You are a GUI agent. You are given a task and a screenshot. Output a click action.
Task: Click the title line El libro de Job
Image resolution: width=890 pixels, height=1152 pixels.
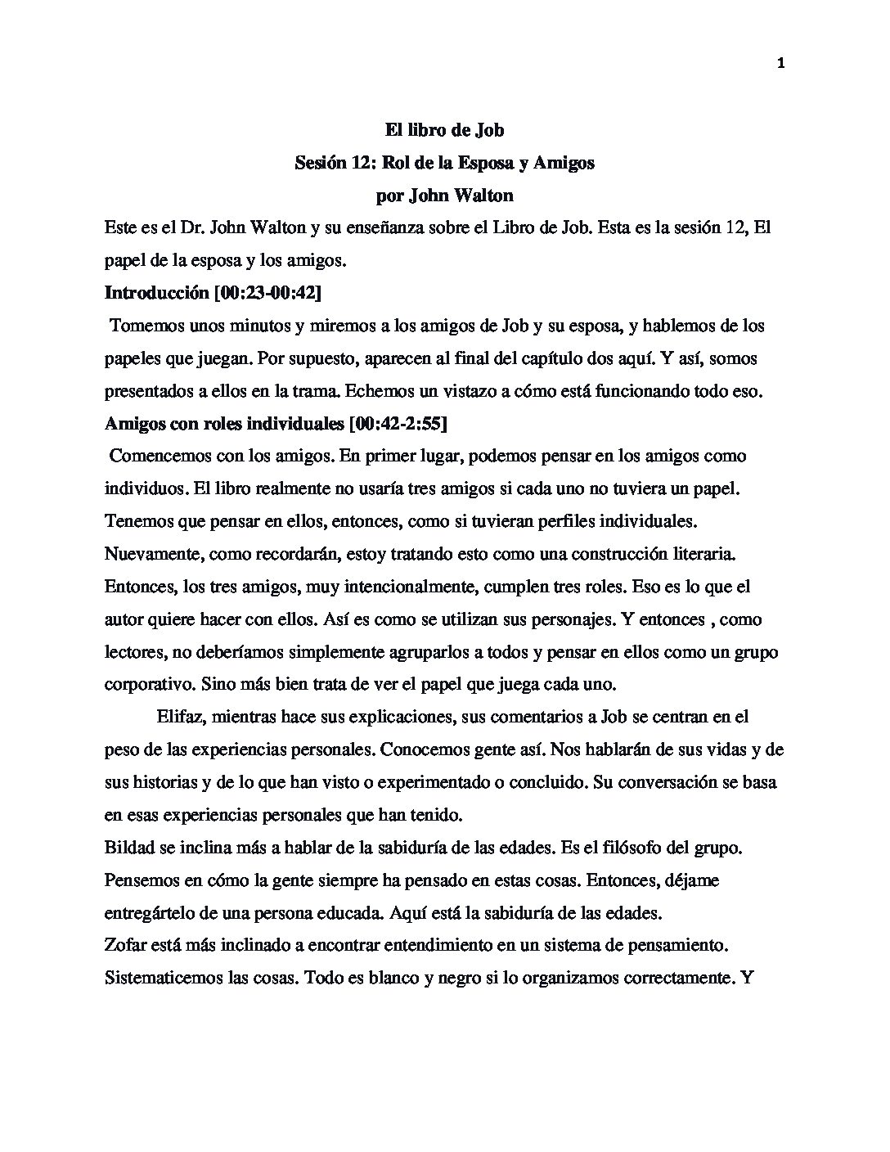(444, 129)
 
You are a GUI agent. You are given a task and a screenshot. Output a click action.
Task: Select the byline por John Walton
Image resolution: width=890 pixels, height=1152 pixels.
(444, 195)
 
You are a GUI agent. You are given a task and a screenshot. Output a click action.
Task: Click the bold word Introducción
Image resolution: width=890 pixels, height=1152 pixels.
(156, 293)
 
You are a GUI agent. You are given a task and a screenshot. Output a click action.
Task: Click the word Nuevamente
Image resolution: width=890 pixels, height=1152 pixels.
(153, 554)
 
